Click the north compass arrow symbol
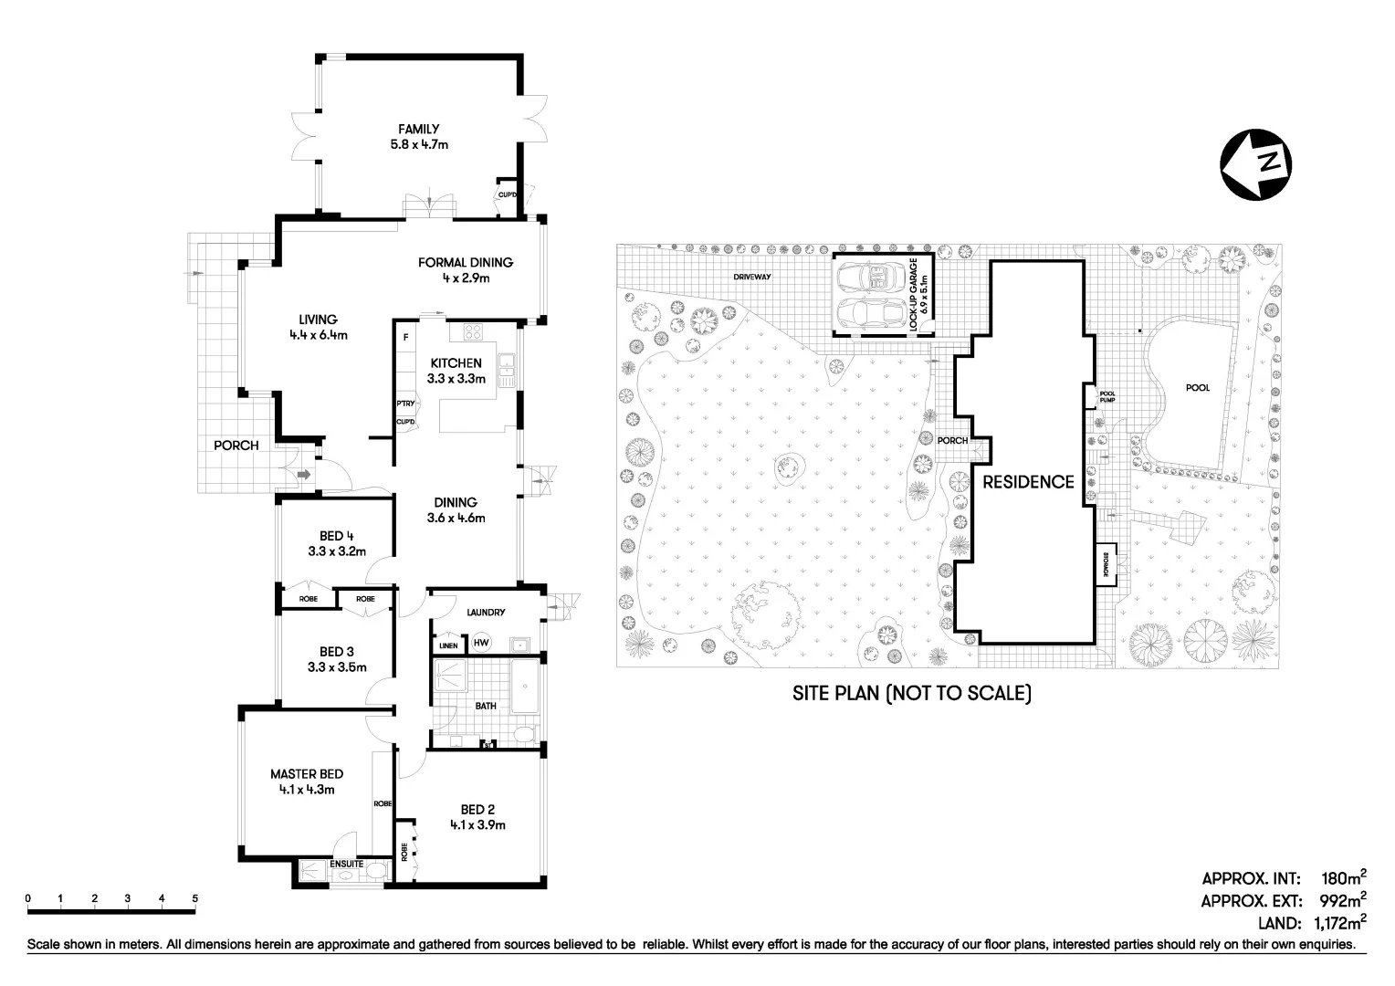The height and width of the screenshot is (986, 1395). pyautogui.click(x=1254, y=164)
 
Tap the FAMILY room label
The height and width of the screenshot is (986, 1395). pyautogui.click(x=418, y=130)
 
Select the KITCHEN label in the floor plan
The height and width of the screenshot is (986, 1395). pyautogui.click(x=456, y=363)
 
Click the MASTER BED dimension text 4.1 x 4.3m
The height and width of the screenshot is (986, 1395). pyautogui.click(x=306, y=790)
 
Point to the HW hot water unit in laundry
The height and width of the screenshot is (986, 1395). pyautogui.click(x=481, y=644)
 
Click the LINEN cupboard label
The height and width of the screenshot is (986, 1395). pyautogui.click(x=447, y=646)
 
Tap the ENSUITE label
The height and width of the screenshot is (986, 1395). pyautogui.click(x=347, y=864)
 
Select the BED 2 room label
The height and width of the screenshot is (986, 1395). pyautogui.click(x=477, y=809)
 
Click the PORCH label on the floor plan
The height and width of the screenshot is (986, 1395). pyautogui.click(x=236, y=446)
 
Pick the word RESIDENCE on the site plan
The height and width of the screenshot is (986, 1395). pyautogui.click(x=1028, y=482)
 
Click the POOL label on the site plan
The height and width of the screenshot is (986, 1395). pyautogui.click(x=1197, y=388)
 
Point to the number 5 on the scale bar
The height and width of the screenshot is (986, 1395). pyautogui.click(x=195, y=898)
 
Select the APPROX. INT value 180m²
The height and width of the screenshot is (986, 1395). pyautogui.click(x=1344, y=879)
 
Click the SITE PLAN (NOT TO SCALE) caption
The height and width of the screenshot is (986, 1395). pyautogui.click(x=910, y=694)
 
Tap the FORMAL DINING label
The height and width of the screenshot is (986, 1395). pyautogui.click(x=466, y=263)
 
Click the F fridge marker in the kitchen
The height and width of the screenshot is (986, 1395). pyautogui.click(x=405, y=337)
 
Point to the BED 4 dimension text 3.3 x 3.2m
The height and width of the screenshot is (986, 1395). pyautogui.click(x=336, y=551)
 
